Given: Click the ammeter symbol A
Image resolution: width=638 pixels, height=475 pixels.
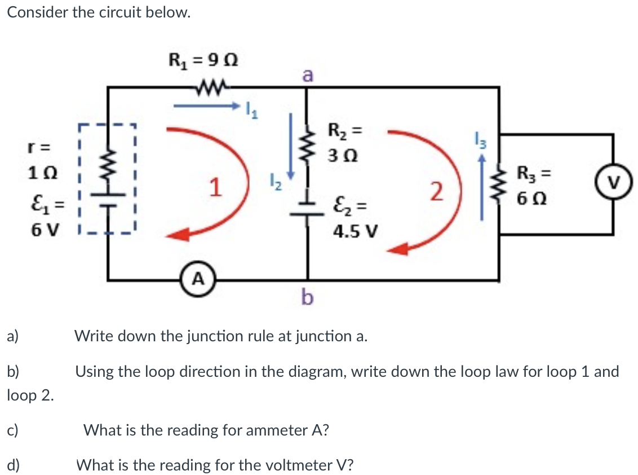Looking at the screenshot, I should (198, 279).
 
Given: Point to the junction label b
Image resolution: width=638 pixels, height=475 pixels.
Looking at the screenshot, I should (307, 296).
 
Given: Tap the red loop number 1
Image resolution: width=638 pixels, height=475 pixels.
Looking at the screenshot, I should (214, 187).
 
